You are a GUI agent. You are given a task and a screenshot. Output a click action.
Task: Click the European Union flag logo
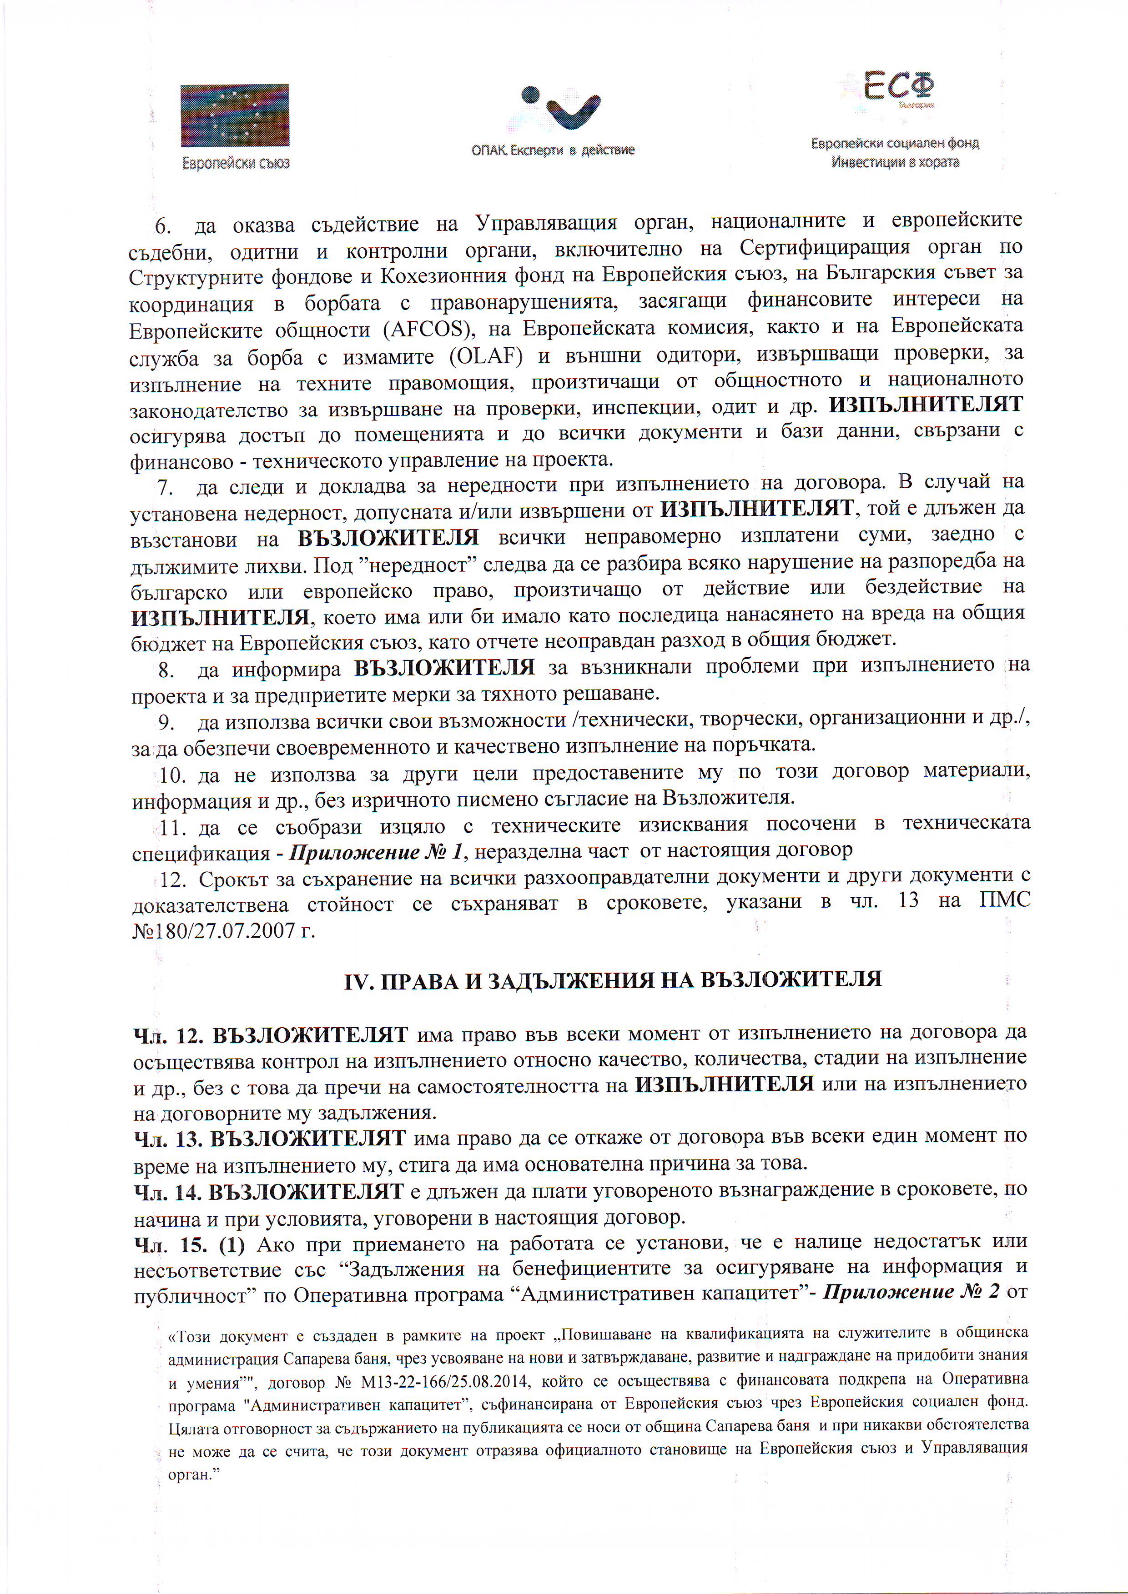[x=235, y=115]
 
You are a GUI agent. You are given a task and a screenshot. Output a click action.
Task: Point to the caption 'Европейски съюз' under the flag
[x=236, y=164]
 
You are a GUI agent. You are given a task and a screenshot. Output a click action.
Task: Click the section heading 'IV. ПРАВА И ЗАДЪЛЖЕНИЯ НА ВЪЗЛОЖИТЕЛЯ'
[x=613, y=979]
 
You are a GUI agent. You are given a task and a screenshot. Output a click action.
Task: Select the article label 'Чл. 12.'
[x=169, y=1036]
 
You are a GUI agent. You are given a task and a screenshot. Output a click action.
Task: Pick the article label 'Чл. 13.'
[x=168, y=1139]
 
